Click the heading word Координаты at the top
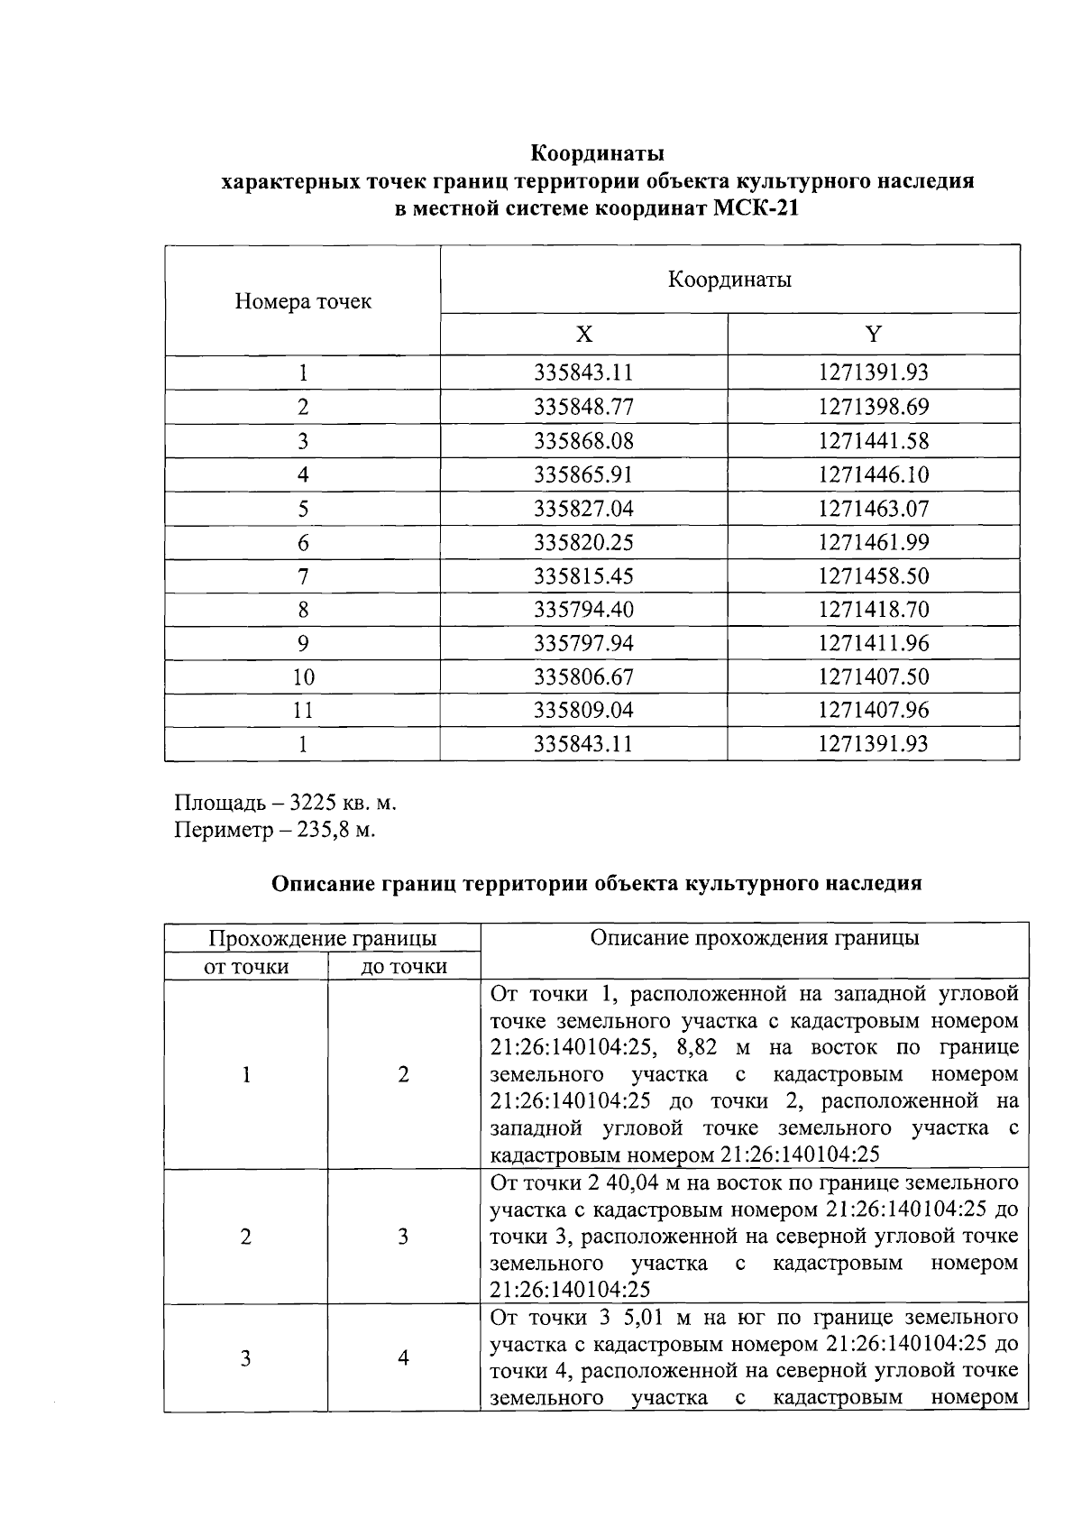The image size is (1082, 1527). [x=597, y=151]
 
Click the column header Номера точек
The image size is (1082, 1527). [x=303, y=301]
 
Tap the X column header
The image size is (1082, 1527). [x=584, y=335]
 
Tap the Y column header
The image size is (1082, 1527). [x=873, y=335]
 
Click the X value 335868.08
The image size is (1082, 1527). [x=584, y=441]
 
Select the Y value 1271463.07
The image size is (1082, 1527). [x=873, y=509]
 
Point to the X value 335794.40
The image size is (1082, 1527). [x=584, y=610]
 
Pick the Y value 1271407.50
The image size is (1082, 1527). [x=873, y=677]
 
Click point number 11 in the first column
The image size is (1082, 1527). [x=303, y=711]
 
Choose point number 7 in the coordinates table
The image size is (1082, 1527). [x=303, y=576]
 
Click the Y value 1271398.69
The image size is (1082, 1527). [x=873, y=407]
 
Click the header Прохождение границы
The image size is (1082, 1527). [x=322, y=939]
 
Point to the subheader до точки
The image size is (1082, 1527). [x=403, y=967]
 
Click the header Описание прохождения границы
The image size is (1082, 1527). [x=754, y=938]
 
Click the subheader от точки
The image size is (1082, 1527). [x=246, y=967]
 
